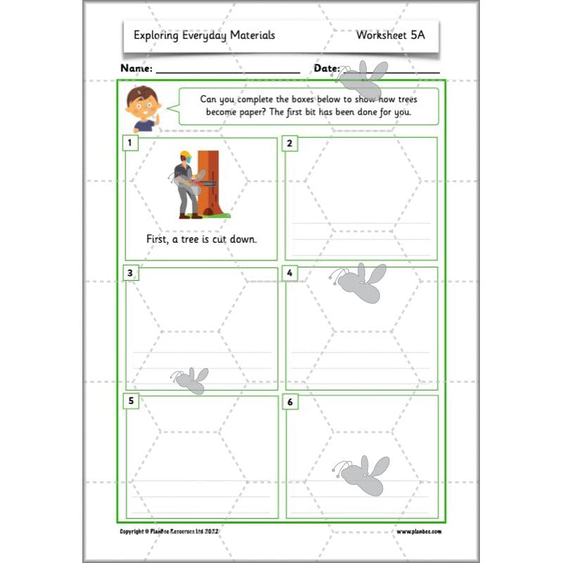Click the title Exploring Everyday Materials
[x=204, y=34]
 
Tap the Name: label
[x=137, y=68]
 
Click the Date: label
[x=327, y=68]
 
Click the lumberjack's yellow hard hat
[x=186, y=155]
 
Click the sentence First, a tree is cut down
[x=201, y=239]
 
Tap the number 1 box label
[x=129, y=144]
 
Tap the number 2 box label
[x=289, y=144]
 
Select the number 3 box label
[x=129, y=273]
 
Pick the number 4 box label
[x=289, y=273]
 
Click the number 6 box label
[x=289, y=401]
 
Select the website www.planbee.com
[x=419, y=531]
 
